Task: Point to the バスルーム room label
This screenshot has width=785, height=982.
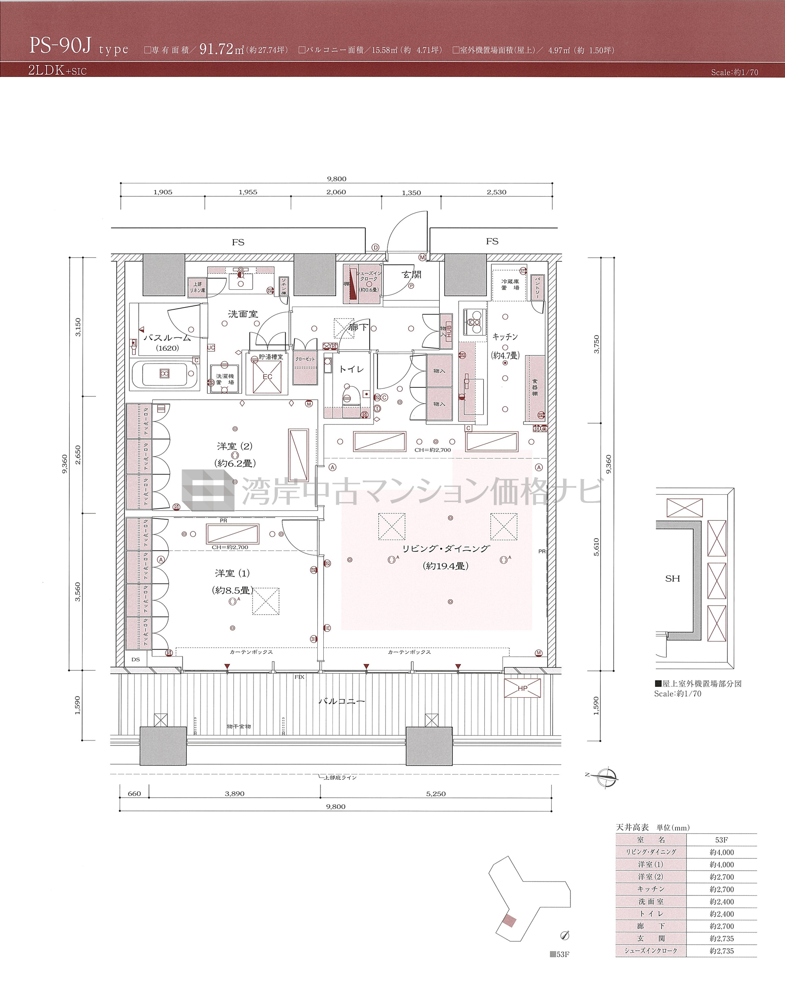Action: pos(167,338)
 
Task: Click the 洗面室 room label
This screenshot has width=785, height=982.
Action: pos(243,314)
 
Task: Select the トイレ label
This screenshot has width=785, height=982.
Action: pos(351,369)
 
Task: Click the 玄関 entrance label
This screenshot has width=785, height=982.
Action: pos(411,275)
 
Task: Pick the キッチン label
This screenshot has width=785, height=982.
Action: pos(505,337)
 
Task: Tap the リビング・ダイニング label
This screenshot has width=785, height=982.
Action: pos(446,549)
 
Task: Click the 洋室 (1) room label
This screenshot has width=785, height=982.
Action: pos(232,573)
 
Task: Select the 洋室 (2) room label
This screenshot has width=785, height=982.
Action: pos(234,446)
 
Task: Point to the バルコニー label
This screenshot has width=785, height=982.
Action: pos(342,701)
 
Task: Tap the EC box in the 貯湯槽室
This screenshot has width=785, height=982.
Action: pos(268,377)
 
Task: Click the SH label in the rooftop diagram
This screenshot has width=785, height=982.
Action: pos(672,579)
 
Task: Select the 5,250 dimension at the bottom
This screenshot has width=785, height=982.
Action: pos(436,794)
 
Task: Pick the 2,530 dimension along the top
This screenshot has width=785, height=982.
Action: pos(496,192)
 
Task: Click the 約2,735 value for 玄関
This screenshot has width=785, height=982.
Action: pos(722,938)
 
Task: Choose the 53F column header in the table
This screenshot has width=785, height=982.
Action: pos(721,840)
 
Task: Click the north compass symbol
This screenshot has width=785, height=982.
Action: pos(607,776)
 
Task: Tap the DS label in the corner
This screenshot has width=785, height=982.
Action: pos(136,660)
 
